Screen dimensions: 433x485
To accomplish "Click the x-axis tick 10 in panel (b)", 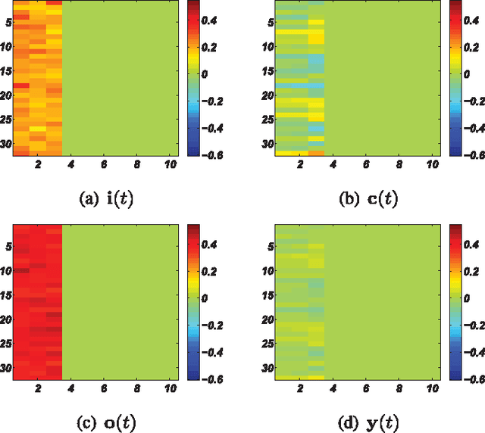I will click(x=433, y=164).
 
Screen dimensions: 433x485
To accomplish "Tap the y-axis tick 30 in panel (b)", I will click(x=268, y=144).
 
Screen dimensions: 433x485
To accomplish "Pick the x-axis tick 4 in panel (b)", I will click(x=333, y=164).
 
